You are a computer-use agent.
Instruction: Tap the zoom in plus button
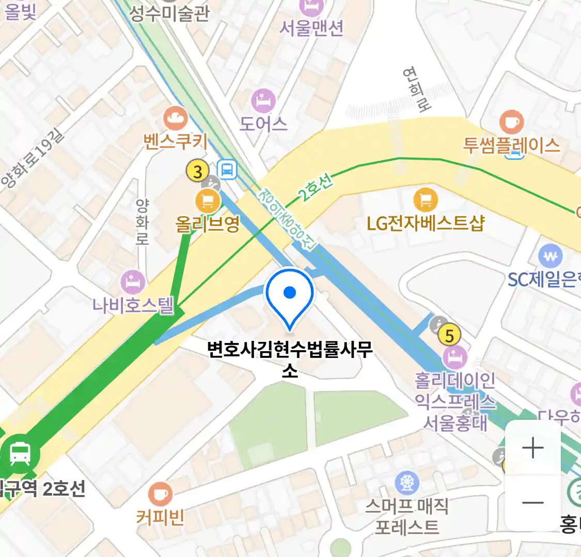[x=532, y=448]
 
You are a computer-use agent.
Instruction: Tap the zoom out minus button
[x=532, y=502]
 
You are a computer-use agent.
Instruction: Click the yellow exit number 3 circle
[x=197, y=171]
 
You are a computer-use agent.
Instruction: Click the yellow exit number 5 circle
[x=449, y=336]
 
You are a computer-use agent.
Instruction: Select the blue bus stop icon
[x=227, y=169]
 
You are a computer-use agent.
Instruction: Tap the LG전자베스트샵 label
[x=426, y=223]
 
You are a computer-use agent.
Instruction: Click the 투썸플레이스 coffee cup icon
[x=511, y=122]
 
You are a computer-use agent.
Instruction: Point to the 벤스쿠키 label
[x=176, y=141]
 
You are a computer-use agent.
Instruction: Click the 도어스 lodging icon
[x=263, y=101]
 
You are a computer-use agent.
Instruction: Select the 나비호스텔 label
[x=133, y=305]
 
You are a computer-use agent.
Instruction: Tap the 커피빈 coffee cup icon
[x=160, y=494]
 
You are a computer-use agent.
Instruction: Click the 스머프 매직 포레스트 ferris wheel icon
[x=407, y=483]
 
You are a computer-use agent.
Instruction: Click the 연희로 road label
[x=417, y=89]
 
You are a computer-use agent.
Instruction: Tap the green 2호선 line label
[x=315, y=188]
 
